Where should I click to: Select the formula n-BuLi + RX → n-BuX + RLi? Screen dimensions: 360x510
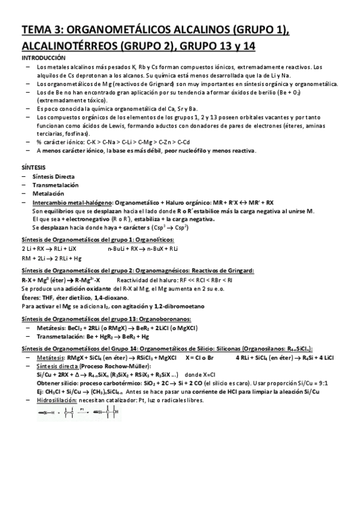tap(143, 248)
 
